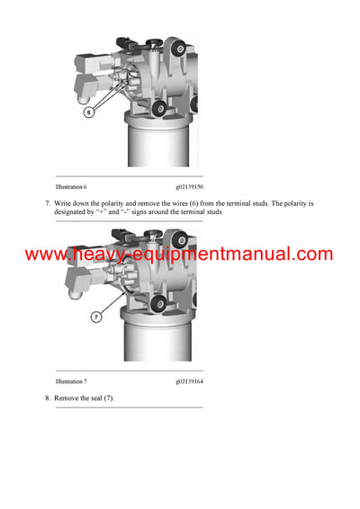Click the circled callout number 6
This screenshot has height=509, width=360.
pyautogui.click(x=89, y=112)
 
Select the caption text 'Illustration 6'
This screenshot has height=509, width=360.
pyautogui.click(x=71, y=186)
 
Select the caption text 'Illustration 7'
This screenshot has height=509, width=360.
pyautogui.click(x=71, y=381)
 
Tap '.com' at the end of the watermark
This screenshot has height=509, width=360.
pyautogui.click(x=312, y=254)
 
